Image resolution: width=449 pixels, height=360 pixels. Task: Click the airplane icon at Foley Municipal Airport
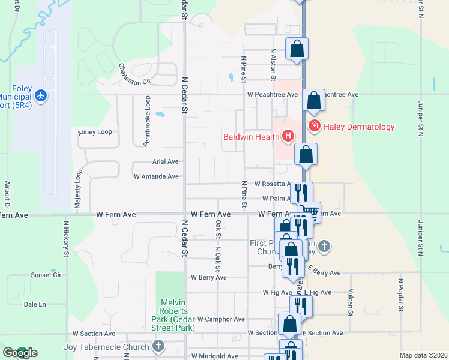pyautogui.click(x=40, y=95)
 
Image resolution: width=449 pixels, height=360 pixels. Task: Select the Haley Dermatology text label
pyautogui.click(x=359, y=127)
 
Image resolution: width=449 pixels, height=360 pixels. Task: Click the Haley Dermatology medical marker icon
pyautogui.click(x=313, y=126)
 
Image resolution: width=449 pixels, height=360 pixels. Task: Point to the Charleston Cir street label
pyautogui.click(x=134, y=75)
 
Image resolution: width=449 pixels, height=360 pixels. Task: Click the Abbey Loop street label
pyautogui.click(x=95, y=132)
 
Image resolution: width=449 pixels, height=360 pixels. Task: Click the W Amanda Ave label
pyautogui.click(x=156, y=176)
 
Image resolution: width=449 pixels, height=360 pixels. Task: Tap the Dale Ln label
pyautogui.click(x=35, y=304)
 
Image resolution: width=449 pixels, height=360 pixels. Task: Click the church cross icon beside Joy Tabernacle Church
pyautogui.click(x=158, y=346)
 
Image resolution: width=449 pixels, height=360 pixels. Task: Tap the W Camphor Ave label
pyautogui.click(x=221, y=320)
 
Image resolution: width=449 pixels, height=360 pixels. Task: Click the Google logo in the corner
pyautogui.click(x=19, y=353)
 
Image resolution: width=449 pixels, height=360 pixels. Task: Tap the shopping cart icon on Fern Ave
pyautogui.click(x=309, y=211)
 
